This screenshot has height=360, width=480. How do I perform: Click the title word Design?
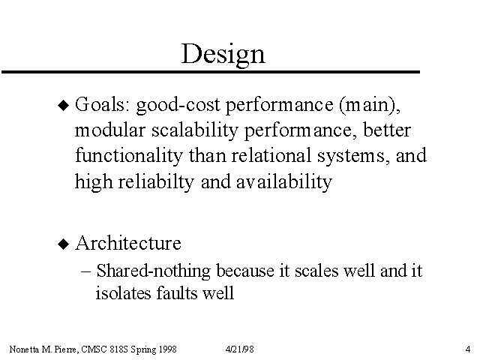click(x=223, y=55)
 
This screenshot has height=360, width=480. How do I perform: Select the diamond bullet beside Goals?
click(x=64, y=105)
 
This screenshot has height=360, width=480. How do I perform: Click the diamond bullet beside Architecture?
click(x=64, y=244)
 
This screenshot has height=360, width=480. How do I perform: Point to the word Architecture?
click(x=128, y=243)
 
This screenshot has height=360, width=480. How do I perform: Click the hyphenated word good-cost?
click(x=178, y=106)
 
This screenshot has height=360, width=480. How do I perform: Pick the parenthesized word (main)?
click(x=370, y=105)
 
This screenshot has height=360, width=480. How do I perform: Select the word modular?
click(x=109, y=130)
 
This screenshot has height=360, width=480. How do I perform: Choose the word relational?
click(x=271, y=155)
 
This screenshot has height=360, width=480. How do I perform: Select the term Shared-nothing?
click(x=153, y=271)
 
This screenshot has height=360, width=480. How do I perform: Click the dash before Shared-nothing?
click(x=86, y=271)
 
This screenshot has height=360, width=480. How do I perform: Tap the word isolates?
click(x=123, y=292)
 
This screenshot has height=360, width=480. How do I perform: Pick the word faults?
click(x=177, y=292)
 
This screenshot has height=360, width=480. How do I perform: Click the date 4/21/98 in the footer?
click(x=240, y=349)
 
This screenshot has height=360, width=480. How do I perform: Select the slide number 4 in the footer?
click(x=468, y=349)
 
